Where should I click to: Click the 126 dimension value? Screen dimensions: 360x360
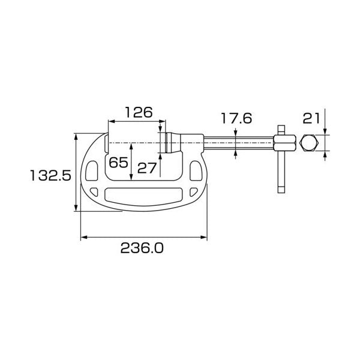[x=139, y=113]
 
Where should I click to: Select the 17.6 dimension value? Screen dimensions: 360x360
[x=236, y=118]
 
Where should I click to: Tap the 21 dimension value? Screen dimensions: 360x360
[x=311, y=118]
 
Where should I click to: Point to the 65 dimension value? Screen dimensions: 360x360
[x=118, y=163]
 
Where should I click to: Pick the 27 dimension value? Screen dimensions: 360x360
[x=147, y=168]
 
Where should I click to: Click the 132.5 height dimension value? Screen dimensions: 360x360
[x=50, y=175]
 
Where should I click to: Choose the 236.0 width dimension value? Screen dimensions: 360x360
[x=142, y=248]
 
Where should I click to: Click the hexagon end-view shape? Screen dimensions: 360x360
[x=309, y=143]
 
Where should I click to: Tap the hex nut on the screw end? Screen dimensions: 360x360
[x=284, y=143]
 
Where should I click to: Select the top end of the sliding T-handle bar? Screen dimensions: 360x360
[x=281, y=126]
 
